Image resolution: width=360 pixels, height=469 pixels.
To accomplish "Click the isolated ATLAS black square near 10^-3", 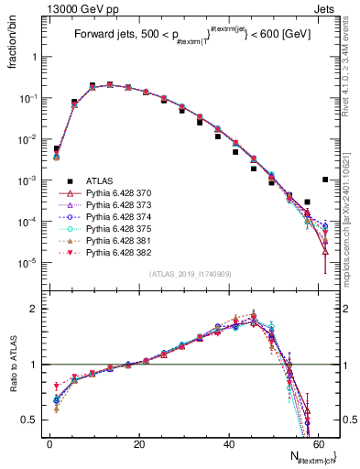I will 326,180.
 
